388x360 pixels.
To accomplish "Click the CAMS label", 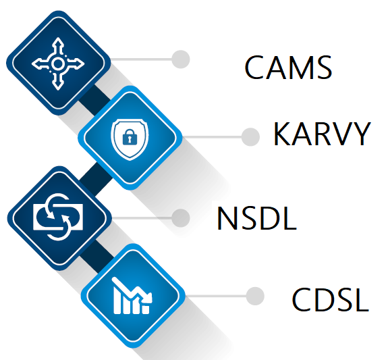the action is tap(288, 68).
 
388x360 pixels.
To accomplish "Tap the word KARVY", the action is tap(322, 134).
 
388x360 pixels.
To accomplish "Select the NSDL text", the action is tap(256, 219).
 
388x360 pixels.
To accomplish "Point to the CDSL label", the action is tap(331, 299).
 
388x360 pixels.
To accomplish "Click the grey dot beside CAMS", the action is tap(181, 59).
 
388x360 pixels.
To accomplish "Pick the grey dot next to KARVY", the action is tap(250, 137).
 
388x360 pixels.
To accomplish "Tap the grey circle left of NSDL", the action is tap(181, 218).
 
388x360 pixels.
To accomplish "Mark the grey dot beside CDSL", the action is tap(255, 296).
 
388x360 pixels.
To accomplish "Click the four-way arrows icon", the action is tap(58, 63).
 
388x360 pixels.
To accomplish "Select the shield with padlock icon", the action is tap(130, 139).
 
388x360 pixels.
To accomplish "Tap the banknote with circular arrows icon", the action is tap(59, 217).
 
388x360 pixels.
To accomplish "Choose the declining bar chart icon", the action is tap(132, 296).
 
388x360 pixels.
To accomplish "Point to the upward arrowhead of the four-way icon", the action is tap(58, 42).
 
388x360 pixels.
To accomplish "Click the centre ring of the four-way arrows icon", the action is tap(57, 64).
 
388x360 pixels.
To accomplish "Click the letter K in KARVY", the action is tap(281, 134).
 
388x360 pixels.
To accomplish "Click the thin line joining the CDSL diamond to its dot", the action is tap(216, 296).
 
